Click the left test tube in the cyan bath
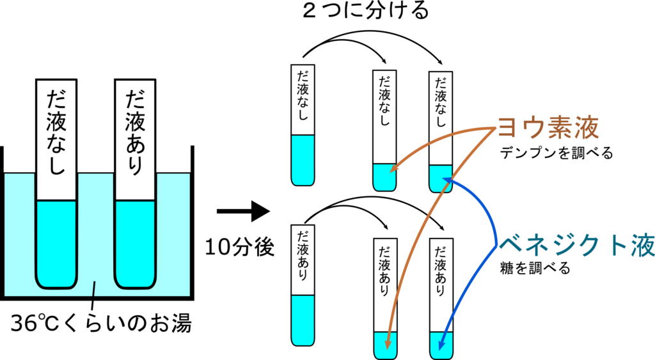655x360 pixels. tap(56, 243)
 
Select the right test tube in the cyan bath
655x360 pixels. tap(134, 243)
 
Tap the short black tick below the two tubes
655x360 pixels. tap(95, 289)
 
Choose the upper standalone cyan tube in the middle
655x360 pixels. tap(303, 160)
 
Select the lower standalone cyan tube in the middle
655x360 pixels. tap(303, 320)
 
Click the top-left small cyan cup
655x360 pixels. tap(384, 178)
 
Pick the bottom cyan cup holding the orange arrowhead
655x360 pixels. tap(385, 345)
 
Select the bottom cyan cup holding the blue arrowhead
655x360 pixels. tap(441, 345)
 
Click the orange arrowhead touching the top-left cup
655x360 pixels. tap(392, 169)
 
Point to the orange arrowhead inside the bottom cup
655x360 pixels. tap(387, 345)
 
